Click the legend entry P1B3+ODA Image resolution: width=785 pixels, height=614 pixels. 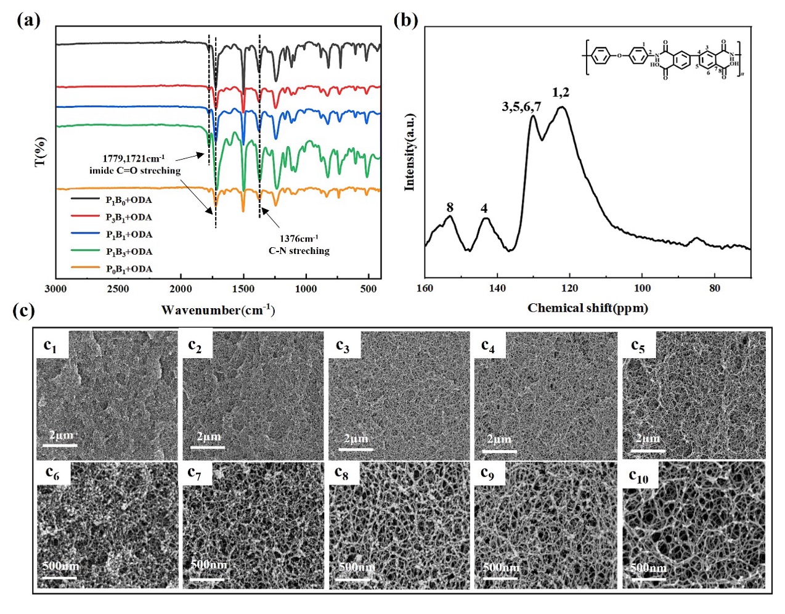pos(128,252)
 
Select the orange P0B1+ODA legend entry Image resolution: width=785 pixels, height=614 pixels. pos(128,269)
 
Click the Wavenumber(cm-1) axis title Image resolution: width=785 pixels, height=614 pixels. pos(218,309)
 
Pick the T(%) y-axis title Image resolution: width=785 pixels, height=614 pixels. pos(41,152)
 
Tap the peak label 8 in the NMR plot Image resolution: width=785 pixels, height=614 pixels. pos(450,208)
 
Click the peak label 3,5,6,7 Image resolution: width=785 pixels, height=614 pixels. pos(521,107)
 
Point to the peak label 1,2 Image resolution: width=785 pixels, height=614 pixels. pos(561,92)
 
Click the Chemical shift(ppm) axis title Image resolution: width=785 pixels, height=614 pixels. pos(587,307)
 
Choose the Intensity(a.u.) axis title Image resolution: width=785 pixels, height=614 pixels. pos(409,152)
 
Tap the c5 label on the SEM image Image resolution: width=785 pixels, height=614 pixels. pos(638,345)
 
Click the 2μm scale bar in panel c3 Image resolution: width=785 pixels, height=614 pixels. pos(356,449)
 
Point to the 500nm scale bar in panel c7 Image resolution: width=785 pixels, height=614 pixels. pos(208,579)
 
